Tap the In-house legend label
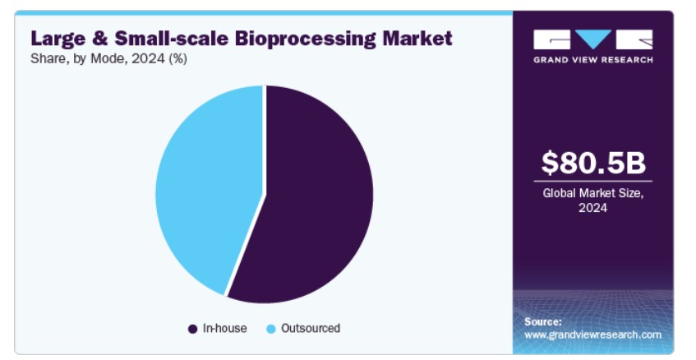pos(224,329)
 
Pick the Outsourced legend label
pos(311,329)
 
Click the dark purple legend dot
pos(192,329)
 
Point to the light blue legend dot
pos(271,329)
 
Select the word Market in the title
pos(417,38)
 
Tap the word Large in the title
pos(58,39)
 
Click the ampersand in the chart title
pos(100,39)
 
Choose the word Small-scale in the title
pos(172,38)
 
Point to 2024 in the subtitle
pos(148,58)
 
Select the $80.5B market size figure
pos(593,163)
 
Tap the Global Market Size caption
pos(593,201)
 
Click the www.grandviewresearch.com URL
pos(593,335)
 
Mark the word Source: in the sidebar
pos(543,322)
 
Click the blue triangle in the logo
pos(593,38)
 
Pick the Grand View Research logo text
pos(593,60)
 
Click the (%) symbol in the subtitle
pos(178,59)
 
